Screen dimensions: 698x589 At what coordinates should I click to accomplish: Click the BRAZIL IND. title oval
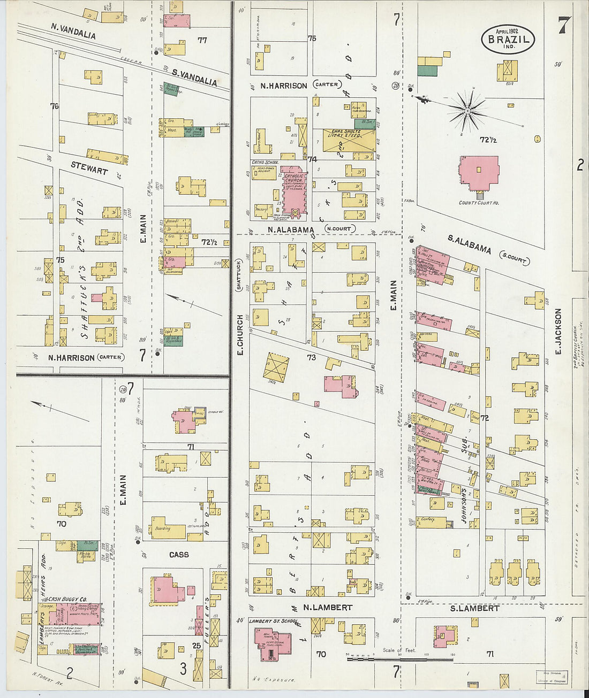click(x=508, y=39)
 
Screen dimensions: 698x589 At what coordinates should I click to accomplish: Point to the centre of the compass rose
click(x=467, y=110)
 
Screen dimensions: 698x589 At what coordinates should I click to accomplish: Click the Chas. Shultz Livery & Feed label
click(x=346, y=133)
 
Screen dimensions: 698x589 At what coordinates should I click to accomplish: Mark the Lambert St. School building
click(x=271, y=639)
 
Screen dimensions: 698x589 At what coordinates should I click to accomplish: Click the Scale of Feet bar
click(x=400, y=658)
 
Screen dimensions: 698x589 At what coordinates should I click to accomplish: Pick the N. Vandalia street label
click(x=73, y=30)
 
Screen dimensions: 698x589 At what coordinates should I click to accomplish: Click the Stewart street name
click(x=89, y=168)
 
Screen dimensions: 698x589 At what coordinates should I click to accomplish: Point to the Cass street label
click(x=179, y=555)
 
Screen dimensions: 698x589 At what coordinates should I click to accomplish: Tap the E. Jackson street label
click(x=558, y=331)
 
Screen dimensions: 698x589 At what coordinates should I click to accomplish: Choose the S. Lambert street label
click(x=474, y=608)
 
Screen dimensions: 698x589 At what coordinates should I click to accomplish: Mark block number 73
click(x=311, y=357)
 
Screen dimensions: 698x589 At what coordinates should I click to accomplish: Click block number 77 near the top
click(x=202, y=40)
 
